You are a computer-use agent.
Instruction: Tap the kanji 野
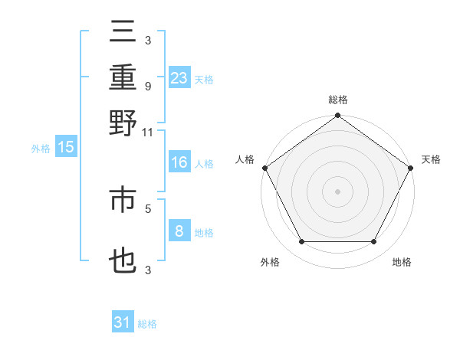pos(123,123)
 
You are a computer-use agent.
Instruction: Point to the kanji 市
pos(123,200)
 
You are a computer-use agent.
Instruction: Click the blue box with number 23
pos(179,78)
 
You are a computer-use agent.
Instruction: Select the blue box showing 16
pos(179,162)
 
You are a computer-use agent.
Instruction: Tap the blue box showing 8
pos(179,231)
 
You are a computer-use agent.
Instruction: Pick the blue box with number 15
pos(66,148)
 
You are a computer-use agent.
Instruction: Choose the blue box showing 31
pos(123,322)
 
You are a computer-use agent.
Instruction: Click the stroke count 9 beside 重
pos(147,86)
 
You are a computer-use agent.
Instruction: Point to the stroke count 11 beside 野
pos(147,132)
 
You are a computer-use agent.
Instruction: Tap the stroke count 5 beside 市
pos(147,208)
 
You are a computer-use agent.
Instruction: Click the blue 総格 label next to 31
pos(147,324)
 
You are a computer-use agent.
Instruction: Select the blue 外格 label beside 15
pos(41,149)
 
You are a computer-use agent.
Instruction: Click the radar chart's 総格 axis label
pos(337,100)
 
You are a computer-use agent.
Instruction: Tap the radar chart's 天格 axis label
pos(431,159)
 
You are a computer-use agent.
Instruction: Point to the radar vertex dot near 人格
pos(264,168)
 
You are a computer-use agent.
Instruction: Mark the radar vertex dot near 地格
pos(374,242)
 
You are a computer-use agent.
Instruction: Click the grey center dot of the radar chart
pos(337,191)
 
